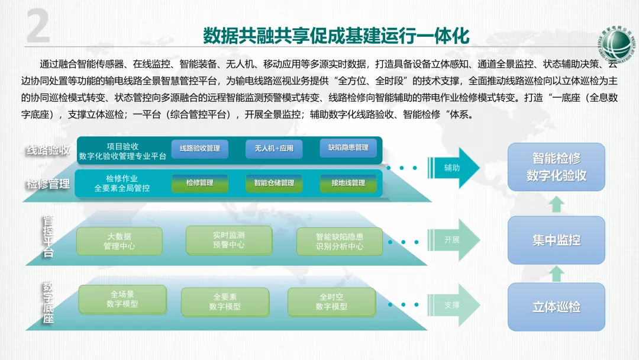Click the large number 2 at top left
coord(38,28)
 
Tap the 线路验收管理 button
coord(199,148)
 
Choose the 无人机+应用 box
coord(274,148)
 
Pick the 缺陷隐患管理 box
coord(348,147)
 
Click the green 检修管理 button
coord(199,183)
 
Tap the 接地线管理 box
coord(348,183)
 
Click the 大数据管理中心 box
coord(120,241)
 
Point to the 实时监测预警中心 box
coord(228,240)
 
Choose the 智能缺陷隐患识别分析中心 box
coord(340,241)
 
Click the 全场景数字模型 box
coord(122,299)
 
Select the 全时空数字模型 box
coord(331,302)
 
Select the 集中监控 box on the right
coord(556,240)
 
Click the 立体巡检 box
coord(556,307)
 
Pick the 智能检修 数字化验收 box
coord(556,167)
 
